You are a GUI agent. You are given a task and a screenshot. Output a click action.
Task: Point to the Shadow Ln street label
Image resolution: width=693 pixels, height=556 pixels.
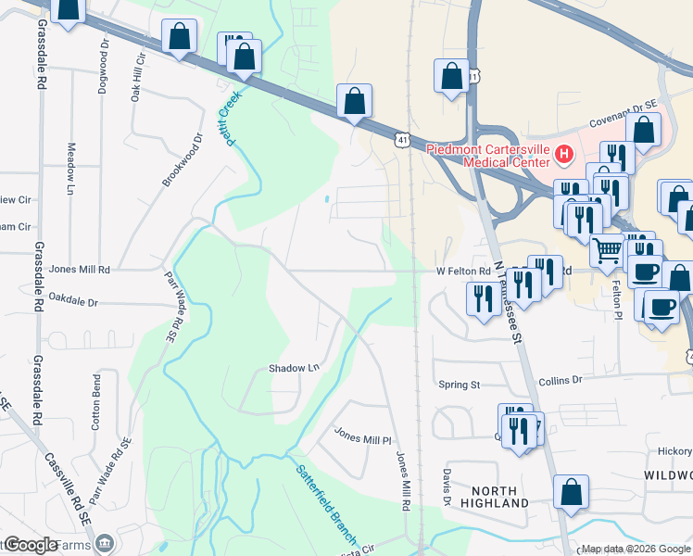click(294, 368)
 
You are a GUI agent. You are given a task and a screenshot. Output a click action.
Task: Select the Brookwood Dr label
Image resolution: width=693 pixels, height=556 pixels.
click(183, 160)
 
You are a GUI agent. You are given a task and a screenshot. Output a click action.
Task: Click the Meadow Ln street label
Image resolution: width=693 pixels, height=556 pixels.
click(70, 169)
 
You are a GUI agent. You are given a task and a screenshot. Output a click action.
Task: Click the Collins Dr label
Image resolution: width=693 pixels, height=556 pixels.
click(560, 380)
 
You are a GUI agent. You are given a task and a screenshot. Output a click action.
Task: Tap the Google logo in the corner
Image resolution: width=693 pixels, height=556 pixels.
click(31, 545)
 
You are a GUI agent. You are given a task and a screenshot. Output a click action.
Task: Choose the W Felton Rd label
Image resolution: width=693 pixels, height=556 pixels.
click(463, 272)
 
